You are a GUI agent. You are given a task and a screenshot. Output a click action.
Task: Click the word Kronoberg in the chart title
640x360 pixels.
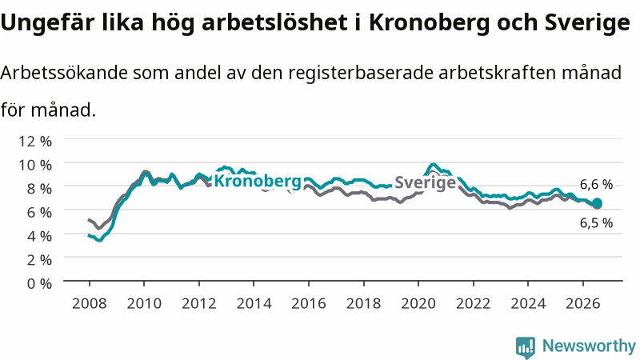coord(429,23)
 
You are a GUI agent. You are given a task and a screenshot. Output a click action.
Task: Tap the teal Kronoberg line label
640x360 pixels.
coord(258,182)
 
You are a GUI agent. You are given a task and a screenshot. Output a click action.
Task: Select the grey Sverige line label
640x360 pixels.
coord(426,182)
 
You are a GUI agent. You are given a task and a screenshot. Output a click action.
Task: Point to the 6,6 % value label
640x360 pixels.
coord(596,185)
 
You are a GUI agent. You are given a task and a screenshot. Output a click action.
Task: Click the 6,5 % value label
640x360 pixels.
coord(596,223)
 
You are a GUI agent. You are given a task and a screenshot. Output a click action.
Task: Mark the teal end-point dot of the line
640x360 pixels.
coord(597,203)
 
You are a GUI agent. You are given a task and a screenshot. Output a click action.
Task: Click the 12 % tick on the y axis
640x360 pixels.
coord(35,142)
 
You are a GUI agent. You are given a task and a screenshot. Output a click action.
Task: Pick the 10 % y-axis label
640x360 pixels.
coord(35,165)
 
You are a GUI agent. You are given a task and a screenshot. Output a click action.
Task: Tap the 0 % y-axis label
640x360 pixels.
coord(39,283)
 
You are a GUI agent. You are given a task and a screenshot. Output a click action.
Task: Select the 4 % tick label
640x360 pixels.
coord(39,236)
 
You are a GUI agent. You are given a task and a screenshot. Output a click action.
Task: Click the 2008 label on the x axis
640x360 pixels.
coord(90,303)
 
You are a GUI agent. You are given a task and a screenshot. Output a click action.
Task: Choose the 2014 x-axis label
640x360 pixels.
coord(254,303)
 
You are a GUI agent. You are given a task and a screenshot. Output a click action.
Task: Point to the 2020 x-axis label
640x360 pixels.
coord(418,303)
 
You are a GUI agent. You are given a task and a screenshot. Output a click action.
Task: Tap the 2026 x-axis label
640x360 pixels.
coord(583,303)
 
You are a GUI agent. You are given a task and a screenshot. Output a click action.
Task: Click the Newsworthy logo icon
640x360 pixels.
coord(526,347)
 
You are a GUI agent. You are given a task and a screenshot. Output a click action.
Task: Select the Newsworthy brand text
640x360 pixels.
coord(589,346)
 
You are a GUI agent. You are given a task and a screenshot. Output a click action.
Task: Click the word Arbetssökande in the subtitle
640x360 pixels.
coord(64,73)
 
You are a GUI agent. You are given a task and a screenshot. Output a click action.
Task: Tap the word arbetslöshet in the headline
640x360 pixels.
coord(275,23)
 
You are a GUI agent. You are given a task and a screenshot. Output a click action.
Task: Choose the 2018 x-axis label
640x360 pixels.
coord(364,303)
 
